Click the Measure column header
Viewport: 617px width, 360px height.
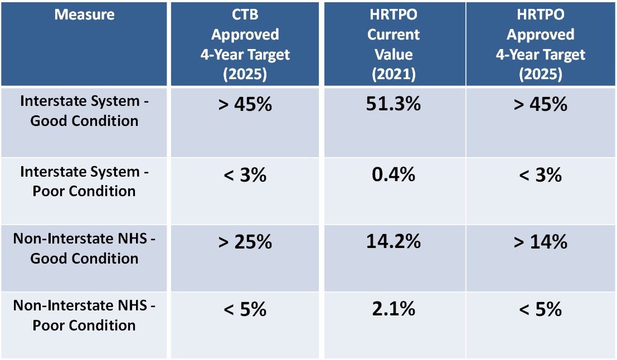[84, 15]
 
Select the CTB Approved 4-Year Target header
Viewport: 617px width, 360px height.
[245, 44]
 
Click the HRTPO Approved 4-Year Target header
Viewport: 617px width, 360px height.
[540, 44]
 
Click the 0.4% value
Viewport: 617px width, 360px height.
[393, 175]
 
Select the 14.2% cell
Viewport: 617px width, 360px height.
[393, 241]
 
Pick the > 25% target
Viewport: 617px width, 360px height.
[245, 241]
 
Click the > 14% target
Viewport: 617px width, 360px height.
[540, 241]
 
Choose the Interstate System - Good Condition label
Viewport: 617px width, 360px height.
[84, 111]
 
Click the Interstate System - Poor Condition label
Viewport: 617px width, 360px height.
[84, 181]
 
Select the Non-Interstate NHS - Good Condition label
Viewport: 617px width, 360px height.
[84, 249]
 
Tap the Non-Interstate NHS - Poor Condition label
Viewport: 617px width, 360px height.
[84, 315]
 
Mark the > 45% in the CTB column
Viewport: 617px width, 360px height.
[245, 104]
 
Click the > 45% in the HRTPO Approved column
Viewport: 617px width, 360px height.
[540, 104]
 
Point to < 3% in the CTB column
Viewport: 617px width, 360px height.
[245, 175]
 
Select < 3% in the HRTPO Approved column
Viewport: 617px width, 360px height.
[540, 175]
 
